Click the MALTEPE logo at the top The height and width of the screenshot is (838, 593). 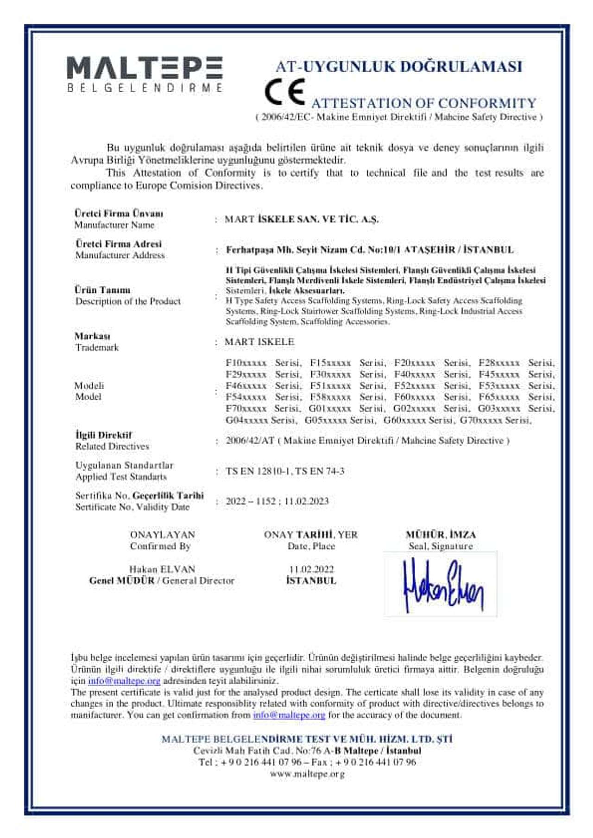[x=145, y=73]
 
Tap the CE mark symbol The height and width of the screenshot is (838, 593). [x=284, y=91]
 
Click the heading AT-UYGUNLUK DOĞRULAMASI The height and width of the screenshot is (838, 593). [x=398, y=67]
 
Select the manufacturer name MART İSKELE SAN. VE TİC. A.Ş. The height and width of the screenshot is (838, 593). [x=301, y=219]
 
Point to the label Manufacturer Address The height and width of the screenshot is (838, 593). [x=120, y=255]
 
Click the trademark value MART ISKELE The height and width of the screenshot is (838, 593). [x=259, y=342]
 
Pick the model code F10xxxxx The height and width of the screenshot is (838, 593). [x=246, y=363]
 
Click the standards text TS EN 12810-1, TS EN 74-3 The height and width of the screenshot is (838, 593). [x=285, y=471]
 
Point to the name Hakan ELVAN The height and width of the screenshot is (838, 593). [x=162, y=569]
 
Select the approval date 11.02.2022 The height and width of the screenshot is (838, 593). [x=311, y=569]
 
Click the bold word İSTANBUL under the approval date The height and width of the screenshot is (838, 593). [x=311, y=581]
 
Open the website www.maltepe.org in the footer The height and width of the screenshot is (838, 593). [x=307, y=774]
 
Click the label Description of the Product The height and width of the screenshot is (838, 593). [x=128, y=301]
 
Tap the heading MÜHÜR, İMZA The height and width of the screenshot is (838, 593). [x=441, y=535]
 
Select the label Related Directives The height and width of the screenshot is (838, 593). [x=112, y=447]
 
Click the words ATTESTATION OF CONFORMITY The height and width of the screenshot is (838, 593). [x=423, y=103]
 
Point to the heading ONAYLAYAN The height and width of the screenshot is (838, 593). [x=162, y=535]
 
